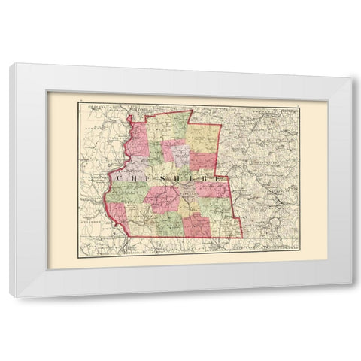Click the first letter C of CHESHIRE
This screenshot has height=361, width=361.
pyautogui.click(x=120, y=178)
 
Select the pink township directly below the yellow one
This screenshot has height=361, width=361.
pyautogui.click(x=203, y=160)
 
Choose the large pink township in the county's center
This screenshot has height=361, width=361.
pyautogui.click(x=163, y=199)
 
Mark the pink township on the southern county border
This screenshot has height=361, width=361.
pyautogui.click(x=197, y=224)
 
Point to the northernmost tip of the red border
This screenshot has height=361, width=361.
pyautogui.click(x=193, y=111)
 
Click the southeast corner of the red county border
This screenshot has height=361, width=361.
pyautogui.click(x=242, y=238)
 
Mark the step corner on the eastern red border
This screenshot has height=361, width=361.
pyautogui.click(x=221, y=175)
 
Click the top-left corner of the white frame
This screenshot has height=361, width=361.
pyautogui.click(x=11, y=64)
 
